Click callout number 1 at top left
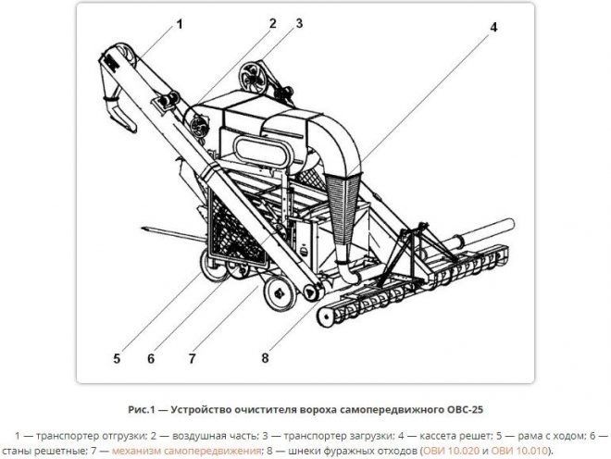coord(179,24)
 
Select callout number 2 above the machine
coord(273,22)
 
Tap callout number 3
coord(298,22)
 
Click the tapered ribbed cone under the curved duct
coord(343,209)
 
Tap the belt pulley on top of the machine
coord(250,75)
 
